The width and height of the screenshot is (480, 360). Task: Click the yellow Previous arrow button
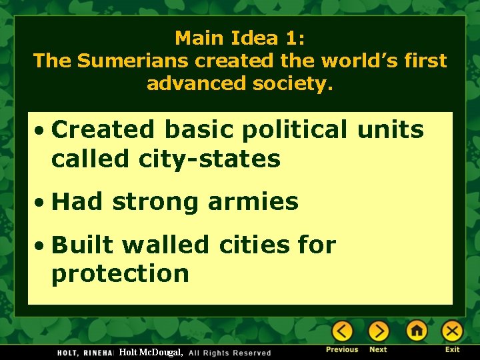(343, 331)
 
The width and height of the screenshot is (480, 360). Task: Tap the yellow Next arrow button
(379, 331)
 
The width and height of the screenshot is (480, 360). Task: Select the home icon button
(417, 331)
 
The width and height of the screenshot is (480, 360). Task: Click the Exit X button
(453, 331)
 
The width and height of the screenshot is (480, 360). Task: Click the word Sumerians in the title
(133, 61)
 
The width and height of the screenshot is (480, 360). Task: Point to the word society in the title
(296, 84)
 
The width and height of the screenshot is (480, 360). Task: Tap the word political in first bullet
(295, 130)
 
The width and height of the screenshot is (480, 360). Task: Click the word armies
(253, 201)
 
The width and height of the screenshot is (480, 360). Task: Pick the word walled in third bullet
(167, 245)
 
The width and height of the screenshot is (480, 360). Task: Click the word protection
(120, 274)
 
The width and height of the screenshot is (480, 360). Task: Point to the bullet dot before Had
(41, 202)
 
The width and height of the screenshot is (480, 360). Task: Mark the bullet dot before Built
(41, 245)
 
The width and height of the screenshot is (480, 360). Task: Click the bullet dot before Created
(41, 130)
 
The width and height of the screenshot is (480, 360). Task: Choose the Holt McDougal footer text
(151, 352)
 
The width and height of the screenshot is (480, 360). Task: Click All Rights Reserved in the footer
(230, 353)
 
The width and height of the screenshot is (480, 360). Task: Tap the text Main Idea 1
(239, 37)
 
